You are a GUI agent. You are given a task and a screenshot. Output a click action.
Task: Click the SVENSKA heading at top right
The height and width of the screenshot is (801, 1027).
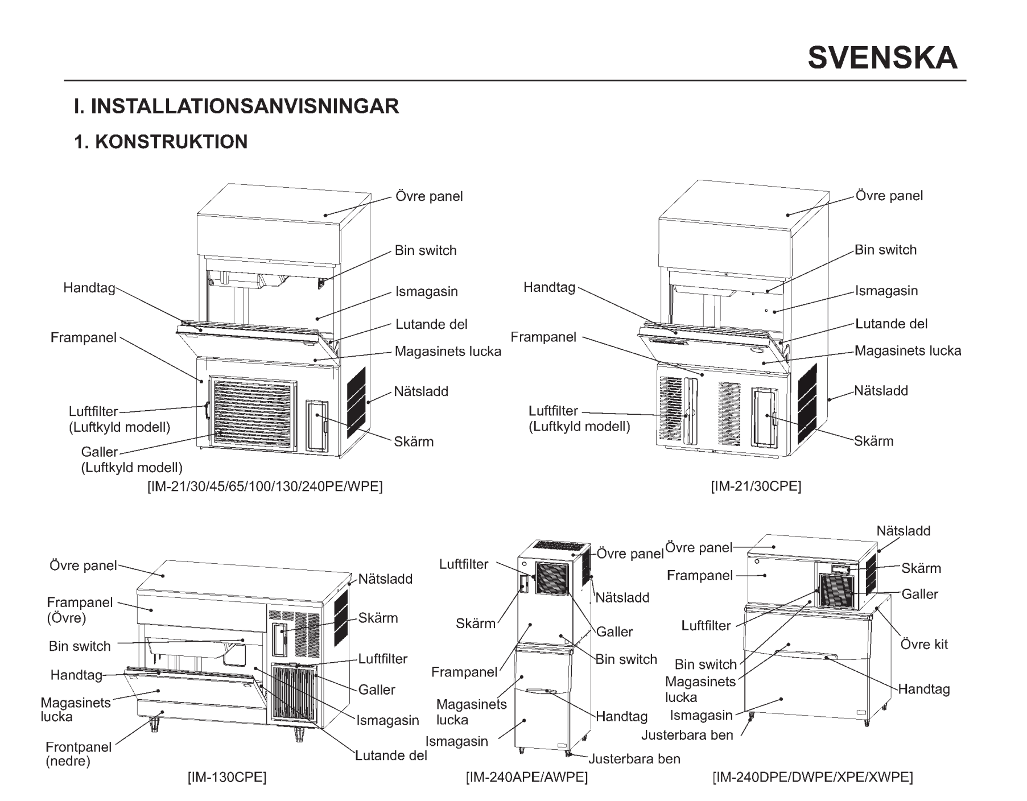tap(882, 58)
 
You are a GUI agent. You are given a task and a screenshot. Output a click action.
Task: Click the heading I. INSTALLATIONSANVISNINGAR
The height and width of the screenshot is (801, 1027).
tap(237, 106)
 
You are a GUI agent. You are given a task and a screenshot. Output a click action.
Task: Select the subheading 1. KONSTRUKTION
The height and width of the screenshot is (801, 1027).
tap(161, 142)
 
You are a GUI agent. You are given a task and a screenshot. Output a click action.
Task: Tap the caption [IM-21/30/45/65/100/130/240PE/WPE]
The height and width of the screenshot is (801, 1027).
tap(265, 487)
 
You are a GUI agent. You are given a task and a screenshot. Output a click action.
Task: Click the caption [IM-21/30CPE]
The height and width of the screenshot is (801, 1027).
tap(756, 486)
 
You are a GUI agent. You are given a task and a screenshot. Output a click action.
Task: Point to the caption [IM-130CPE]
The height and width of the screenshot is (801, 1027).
tap(228, 777)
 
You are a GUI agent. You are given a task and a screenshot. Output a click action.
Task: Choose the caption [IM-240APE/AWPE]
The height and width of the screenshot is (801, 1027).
tap(527, 777)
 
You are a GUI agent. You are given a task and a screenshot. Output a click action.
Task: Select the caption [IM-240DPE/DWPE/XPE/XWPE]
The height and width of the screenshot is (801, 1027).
tap(813, 777)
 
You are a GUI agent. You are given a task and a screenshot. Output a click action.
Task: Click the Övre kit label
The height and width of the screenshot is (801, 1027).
tap(925, 645)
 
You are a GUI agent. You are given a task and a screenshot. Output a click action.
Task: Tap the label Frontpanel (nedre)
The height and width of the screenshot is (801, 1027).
tap(79, 754)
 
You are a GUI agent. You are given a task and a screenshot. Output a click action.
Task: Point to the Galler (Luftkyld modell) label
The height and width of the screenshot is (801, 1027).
tap(131, 460)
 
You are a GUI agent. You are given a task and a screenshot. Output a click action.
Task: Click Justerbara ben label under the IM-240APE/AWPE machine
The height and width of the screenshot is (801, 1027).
tap(634, 759)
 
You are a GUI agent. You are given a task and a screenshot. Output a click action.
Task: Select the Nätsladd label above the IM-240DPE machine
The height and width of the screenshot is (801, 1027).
tap(904, 531)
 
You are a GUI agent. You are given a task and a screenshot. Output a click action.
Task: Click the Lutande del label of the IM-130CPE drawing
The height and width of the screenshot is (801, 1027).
tap(391, 755)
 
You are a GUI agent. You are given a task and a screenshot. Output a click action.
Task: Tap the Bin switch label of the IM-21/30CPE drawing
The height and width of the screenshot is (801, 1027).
tap(886, 250)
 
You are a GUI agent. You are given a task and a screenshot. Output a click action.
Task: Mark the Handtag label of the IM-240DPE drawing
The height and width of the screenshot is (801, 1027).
tap(924, 689)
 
